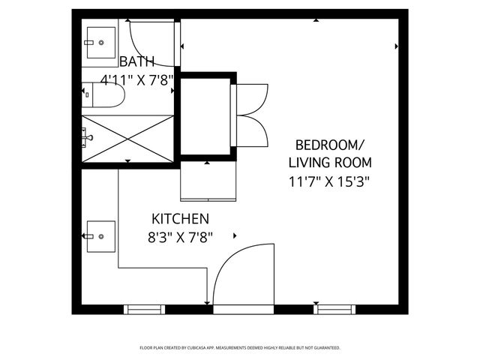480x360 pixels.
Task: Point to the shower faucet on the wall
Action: [x=87, y=137]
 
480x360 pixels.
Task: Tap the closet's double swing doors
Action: [x=251, y=115]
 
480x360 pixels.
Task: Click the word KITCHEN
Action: [x=179, y=219]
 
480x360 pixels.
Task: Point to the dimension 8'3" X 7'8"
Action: [x=179, y=238]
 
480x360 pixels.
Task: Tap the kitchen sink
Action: [x=100, y=238]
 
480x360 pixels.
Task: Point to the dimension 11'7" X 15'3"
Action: [x=329, y=181]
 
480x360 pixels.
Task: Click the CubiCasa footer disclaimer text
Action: [x=240, y=348]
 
